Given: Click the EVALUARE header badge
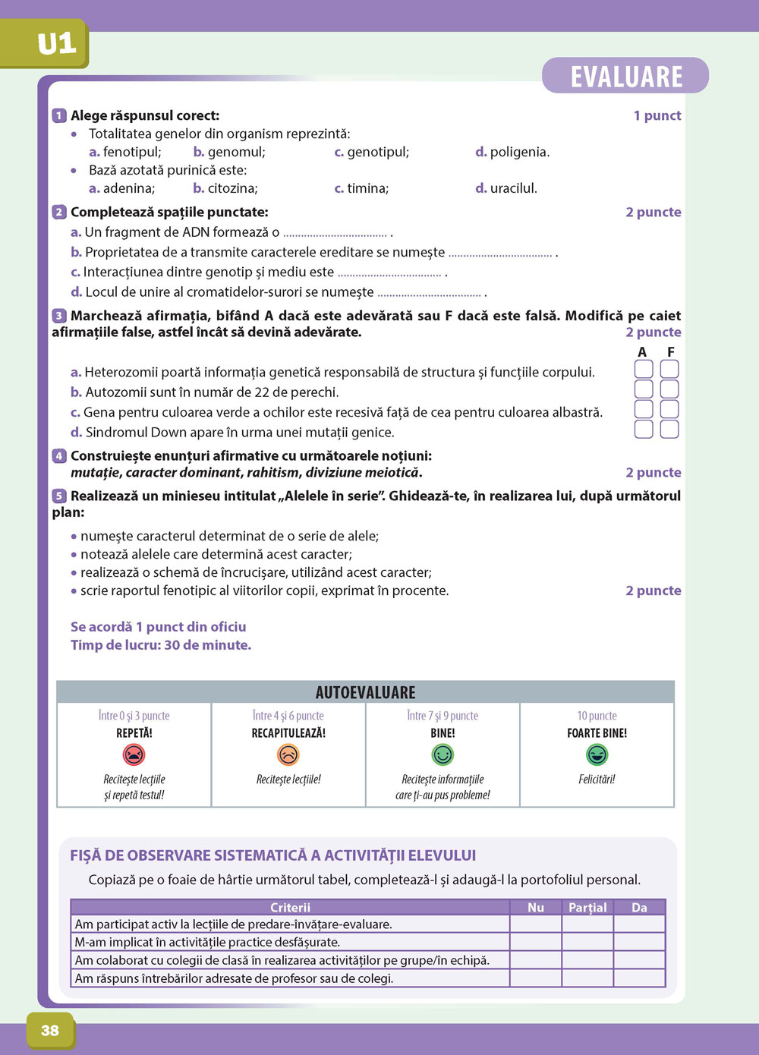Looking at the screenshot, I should pyautogui.click(x=625, y=76).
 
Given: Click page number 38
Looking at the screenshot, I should pyautogui.click(x=50, y=1030).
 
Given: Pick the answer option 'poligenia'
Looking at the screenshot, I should pyautogui.click(x=519, y=152).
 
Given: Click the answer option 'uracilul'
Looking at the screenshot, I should pyautogui.click(x=513, y=188).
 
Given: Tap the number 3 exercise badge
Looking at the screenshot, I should pyautogui.click(x=59, y=316).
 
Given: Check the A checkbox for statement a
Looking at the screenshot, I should pyautogui.click(x=644, y=370).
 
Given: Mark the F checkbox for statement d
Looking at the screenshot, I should pyautogui.click(x=669, y=430).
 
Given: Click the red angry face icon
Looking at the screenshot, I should pyautogui.click(x=134, y=754).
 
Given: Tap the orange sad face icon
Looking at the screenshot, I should pyautogui.click(x=288, y=754).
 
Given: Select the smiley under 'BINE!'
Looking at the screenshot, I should pyautogui.click(x=442, y=754).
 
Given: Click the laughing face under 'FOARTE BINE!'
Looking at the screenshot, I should pyautogui.click(x=597, y=754).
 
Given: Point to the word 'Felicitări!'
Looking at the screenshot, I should pyautogui.click(x=597, y=779).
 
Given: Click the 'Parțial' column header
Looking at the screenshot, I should pyautogui.click(x=587, y=907).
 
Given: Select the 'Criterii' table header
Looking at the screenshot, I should pyautogui.click(x=290, y=907).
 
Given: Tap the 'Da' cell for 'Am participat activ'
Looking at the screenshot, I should pyautogui.click(x=639, y=924).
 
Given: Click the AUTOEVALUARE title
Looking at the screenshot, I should pyautogui.click(x=365, y=692).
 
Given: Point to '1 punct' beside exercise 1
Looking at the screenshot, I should pyautogui.click(x=657, y=115).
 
